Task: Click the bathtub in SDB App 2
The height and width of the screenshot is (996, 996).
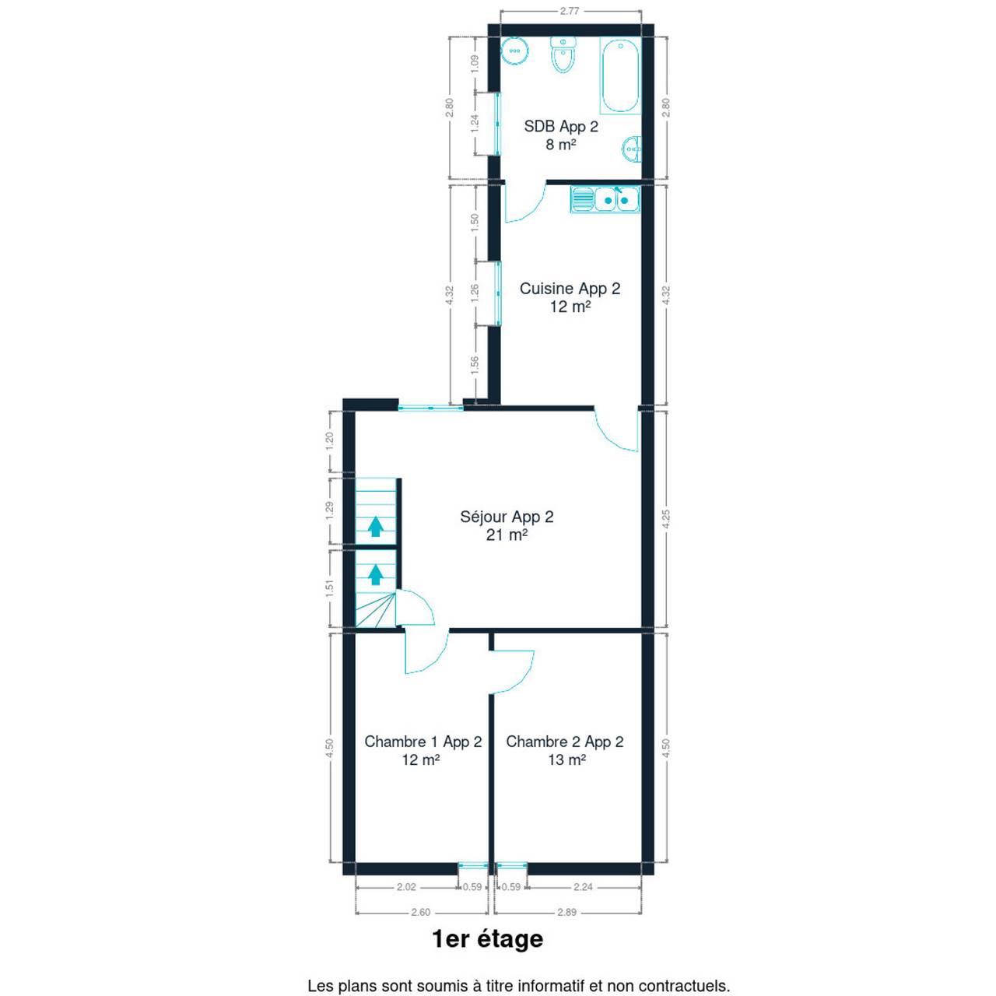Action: tap(619, 75)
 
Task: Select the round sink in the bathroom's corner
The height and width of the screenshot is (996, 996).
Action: tap(515, 51)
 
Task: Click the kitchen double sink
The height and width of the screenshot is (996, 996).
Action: tap(605, 199)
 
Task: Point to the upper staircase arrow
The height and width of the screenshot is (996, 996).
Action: tap(376, 527)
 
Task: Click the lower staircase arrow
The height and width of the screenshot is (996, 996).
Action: tap(376, 574)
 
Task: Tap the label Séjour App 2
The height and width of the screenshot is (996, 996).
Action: tap(507, 517)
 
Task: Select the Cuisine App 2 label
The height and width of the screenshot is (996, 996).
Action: tap(570, 289)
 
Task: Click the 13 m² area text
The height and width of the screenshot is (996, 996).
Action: tap(567, 759)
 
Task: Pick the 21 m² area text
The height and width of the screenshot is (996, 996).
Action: tap(507, 535)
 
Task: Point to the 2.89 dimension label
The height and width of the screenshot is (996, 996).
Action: tap(567, 912)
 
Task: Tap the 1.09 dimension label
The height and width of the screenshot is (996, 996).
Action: tap(476, 64)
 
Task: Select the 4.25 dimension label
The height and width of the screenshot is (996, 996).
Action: tap(666, 520)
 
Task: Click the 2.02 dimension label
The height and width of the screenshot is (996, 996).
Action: tap(406, 887)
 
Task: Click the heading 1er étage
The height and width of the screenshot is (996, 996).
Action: tap(487, 938)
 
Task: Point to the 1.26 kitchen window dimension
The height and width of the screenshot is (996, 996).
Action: tap(475, 293)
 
